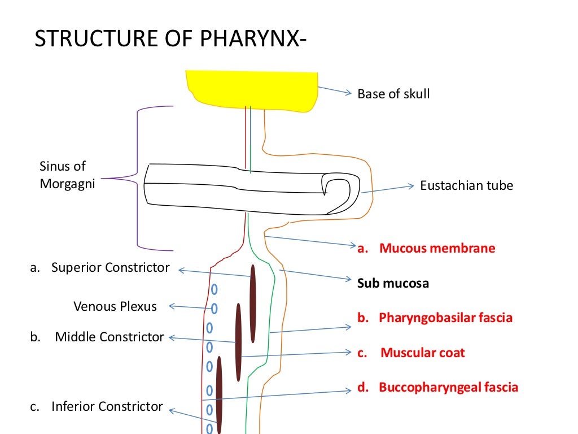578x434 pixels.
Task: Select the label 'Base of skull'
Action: coord(393,94)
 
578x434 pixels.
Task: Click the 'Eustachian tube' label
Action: coord(467,185)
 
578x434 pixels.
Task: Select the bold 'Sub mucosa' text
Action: coord(393,283)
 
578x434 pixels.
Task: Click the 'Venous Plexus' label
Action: coord(115,306)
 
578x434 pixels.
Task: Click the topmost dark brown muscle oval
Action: coord(253,303)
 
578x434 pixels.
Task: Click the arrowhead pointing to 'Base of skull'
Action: coord(348,94)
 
